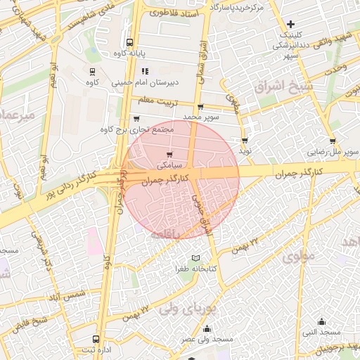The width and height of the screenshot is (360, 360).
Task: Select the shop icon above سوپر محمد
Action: click(x=200, y=108)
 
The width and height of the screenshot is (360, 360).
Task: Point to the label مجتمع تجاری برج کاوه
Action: click(x=132, y=129)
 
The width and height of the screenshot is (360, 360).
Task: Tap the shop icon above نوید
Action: click(x=245, y=141)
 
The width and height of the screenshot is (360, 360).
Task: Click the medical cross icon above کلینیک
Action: click(x=290, y=25)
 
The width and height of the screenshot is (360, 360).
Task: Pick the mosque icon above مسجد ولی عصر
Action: click(x=207, y=328)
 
